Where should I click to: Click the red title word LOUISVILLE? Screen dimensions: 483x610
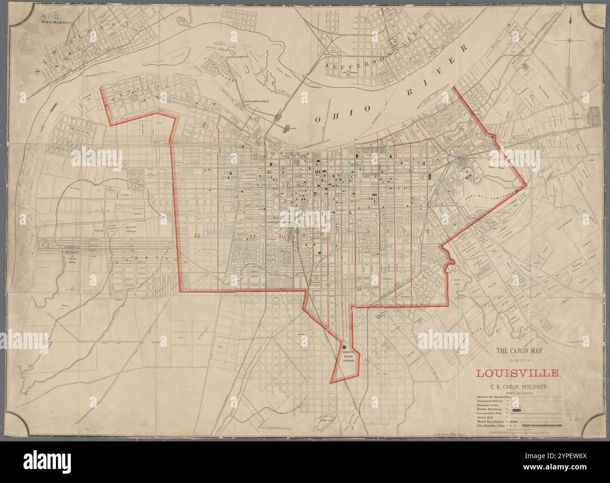click(x=518, y=373)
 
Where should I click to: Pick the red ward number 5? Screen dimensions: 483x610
click(x=368, y=231)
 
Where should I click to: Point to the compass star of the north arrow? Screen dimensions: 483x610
click(x=569, y=40)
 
